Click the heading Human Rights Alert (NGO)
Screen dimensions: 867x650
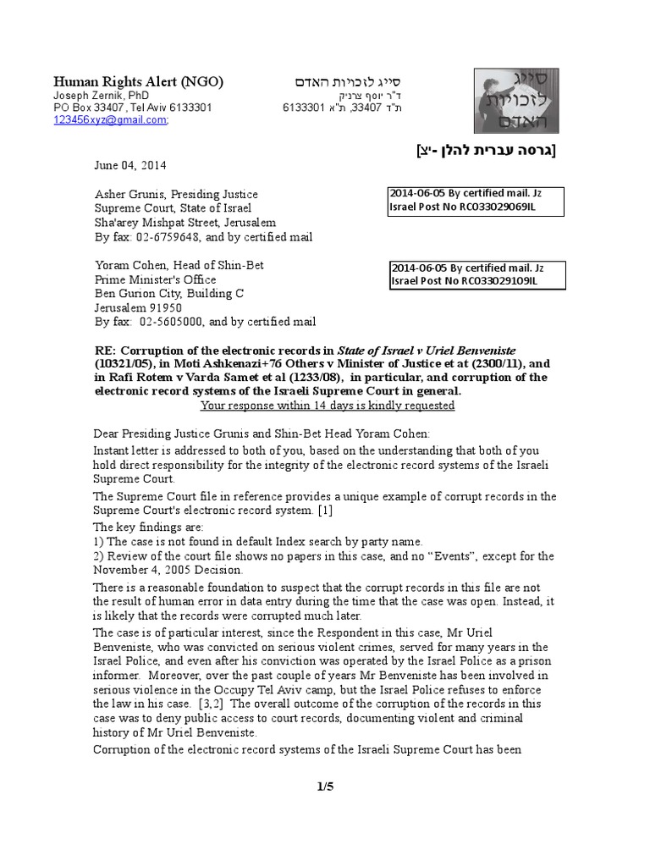[139, 81]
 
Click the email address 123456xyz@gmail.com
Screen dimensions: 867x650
[110, 120]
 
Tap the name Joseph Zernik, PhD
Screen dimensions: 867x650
[95, 96]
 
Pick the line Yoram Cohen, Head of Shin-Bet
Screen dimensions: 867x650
[179, 265]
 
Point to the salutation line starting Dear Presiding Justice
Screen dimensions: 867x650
[262, 436]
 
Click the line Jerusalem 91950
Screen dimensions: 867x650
[135, 308]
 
